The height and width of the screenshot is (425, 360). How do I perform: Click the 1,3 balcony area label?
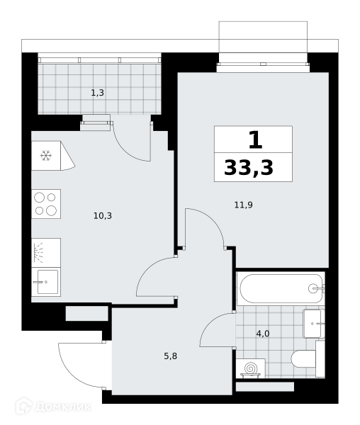(x=97, y=93)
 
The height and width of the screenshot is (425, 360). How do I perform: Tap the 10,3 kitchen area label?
(x=103, y=216)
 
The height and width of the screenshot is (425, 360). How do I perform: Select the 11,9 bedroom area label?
(x=244, y=205)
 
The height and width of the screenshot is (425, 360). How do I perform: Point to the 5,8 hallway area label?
(x=171, y=356)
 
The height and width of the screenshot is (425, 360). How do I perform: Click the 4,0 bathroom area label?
(x=263, y=334)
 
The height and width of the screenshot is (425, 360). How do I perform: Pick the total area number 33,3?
(x=249, y=168)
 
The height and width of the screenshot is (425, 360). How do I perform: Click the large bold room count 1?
(x=256, y=140)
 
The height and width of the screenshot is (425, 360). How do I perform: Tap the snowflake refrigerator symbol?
(x=46, y=156)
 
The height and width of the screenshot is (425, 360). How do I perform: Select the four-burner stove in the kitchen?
(x=46, y=204)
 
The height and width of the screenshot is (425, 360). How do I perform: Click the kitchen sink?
(x=46, y=282)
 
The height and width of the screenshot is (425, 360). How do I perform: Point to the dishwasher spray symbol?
(x=38, y=253)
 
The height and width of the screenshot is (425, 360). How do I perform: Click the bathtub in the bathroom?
(x=281, y=288)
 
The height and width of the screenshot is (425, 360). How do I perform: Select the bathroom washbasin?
(x=314, y=324)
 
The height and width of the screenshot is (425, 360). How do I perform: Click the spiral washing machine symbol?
(x=250, y=368)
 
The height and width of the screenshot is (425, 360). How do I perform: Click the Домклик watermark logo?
(x=53, y=407)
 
